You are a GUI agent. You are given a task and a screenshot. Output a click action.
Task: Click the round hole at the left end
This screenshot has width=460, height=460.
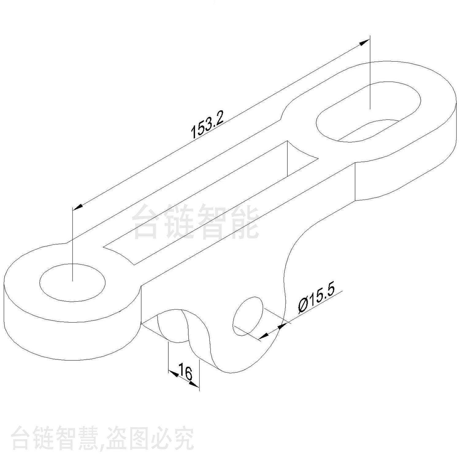[x=72, y=282]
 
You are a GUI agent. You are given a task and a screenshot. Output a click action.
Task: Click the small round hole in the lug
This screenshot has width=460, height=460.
[x=248, y=316]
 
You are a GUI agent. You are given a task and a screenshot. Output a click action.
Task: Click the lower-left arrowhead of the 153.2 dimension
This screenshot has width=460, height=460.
[x=78, y=207]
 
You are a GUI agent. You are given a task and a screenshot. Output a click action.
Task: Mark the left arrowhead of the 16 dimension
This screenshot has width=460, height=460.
[x=174, y=373]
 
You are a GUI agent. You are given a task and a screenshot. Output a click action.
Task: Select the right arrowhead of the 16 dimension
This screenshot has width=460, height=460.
[x=194, y=384]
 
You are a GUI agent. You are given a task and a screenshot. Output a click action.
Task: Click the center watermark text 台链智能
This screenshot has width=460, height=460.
[x=196, y=222]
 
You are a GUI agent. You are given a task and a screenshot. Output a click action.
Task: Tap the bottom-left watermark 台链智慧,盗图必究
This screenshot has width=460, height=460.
[x=103, y=438]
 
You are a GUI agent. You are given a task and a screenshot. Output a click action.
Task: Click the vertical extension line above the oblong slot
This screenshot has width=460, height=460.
[x=370, y=72]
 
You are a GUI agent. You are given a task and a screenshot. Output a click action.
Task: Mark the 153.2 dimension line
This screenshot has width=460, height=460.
[x=221, y=125]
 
